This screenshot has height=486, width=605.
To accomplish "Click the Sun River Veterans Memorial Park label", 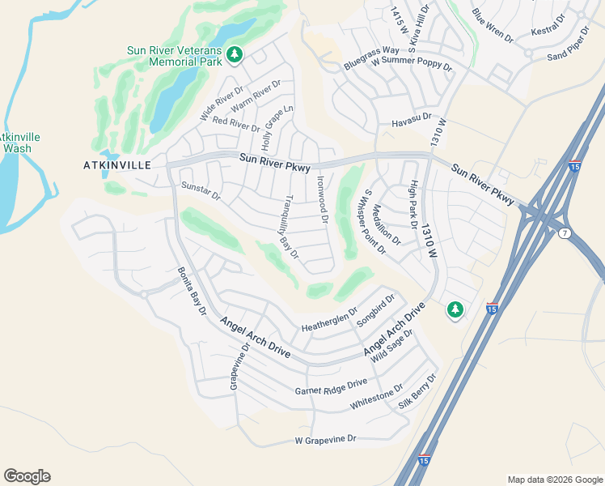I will (x=174, y=55).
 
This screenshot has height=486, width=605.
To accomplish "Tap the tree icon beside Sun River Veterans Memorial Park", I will (x=235, y=55).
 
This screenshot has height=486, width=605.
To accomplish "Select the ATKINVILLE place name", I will (x=117, y=164).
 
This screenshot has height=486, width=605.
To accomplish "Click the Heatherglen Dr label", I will (x=329, y=318).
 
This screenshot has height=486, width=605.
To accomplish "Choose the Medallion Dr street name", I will (x=387, y=224).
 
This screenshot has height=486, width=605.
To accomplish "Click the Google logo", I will (x=27, y=476).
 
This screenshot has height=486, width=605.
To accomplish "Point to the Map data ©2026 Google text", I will (x=554, y=480).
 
